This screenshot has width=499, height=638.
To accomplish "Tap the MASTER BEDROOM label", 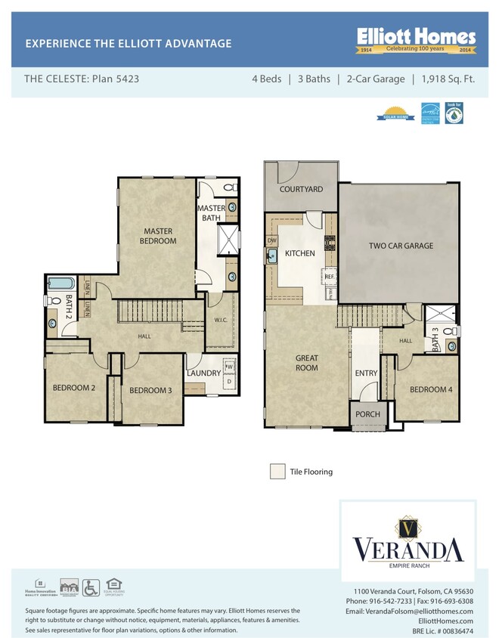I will tap(158, 236).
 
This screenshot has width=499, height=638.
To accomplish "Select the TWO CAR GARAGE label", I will tap(401, 246).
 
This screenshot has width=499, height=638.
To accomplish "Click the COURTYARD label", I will tap(301, 190).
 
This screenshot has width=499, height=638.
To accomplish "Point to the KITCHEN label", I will tap(300, 253).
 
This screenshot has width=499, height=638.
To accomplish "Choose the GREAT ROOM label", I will tap(307, 363).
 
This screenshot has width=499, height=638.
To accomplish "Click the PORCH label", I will tap(367, 413).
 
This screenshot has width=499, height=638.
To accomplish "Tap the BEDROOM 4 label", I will tap(430, 389).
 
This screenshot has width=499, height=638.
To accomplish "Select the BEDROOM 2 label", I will tap(73, 388).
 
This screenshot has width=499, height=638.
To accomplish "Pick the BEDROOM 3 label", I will tap(151, 390).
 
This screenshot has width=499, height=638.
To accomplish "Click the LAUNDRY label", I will tap(203, 373).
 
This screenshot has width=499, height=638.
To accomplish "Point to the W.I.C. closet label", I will tap(221, 320).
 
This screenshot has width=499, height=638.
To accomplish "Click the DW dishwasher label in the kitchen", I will tap(272, 241).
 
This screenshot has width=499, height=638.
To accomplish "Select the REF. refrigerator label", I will tap(330, 277).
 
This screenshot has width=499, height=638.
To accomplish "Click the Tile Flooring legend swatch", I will tap(277, 472).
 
